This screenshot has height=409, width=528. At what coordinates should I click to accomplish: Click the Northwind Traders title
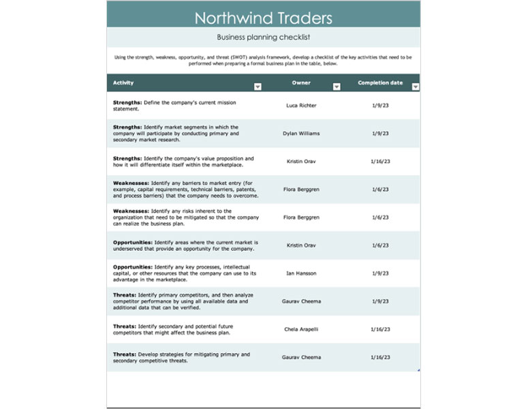click(x=263, y=17)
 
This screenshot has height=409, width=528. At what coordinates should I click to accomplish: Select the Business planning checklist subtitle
click(x=263, y=37)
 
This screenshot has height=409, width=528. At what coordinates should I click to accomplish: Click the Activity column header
click(x=123, y=83)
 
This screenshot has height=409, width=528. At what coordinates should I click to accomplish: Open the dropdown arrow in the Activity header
click(x=258, y=87)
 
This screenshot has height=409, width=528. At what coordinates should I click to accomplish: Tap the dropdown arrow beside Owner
click(x=337, y=87)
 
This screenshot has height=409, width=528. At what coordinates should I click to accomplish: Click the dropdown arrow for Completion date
click(x=416, y=87)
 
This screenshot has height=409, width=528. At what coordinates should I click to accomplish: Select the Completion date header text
click(x=380, y=83)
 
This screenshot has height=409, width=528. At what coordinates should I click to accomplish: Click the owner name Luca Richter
click(x=301, y=106)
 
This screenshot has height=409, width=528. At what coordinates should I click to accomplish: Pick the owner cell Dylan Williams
click(x=301, y=134)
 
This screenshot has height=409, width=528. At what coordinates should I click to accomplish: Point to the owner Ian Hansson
click(x=301, y=273)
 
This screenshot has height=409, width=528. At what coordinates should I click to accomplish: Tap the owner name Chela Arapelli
click(x=301, y=329)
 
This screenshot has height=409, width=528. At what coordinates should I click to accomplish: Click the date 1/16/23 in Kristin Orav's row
click(x=380, y=162)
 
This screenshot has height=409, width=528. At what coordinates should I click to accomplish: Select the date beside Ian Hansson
click(x=380, y=273)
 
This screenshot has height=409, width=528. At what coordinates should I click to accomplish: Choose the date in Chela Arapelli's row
click(x=380, y=329)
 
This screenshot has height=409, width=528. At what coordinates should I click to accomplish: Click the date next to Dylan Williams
click(x=380, y=134)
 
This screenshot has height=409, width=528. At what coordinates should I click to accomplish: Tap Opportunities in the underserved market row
click(x=133, y=242)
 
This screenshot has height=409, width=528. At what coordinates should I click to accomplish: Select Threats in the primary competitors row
click(x=125, y=294)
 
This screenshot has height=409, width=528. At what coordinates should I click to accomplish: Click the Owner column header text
click(x=301, y=83)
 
